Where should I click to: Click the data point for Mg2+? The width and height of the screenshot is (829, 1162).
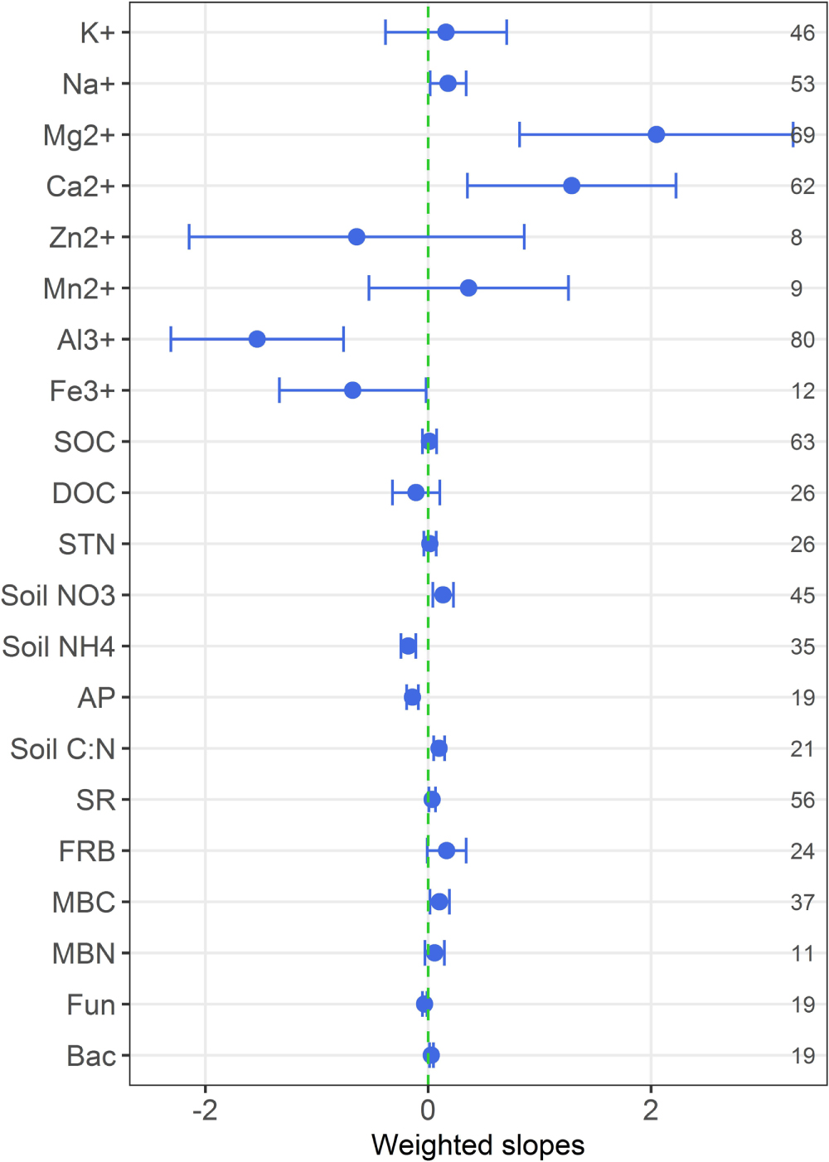click(656, 134)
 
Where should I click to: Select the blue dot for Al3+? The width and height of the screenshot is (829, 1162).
click(257, 339)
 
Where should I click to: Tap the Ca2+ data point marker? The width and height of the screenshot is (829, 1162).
click(571, 186)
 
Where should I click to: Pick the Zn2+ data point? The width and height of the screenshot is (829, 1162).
click(356, 237)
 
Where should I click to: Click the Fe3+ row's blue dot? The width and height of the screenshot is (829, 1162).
click(352, 390)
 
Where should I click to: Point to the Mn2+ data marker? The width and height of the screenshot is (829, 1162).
click(468, 288)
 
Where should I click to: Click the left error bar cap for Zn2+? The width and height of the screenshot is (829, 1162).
click(189, 237)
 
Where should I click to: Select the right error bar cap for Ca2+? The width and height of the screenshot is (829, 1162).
click(676, 186)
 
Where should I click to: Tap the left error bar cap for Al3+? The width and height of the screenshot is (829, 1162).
click(171, 339)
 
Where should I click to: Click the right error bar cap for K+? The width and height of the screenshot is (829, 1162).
click(507, 32)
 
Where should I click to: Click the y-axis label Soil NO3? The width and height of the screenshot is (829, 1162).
click(58, 596)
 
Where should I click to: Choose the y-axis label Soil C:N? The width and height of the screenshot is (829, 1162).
click(62, 749)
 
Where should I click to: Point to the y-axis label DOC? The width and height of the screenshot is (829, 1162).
click(83, 493)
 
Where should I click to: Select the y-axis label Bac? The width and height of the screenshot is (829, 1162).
click(90, 1056)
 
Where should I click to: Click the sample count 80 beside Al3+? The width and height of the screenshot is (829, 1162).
click(802, 340)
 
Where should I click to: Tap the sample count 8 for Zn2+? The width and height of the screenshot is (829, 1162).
click(796, 238)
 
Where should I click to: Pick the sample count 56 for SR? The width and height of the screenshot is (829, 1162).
click(802, 800)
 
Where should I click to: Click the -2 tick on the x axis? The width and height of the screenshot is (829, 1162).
click(205, 1109)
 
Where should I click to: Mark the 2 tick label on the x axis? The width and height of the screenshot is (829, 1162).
click(651, 1109)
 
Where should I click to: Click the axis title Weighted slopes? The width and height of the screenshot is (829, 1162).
click(478, 1145)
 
